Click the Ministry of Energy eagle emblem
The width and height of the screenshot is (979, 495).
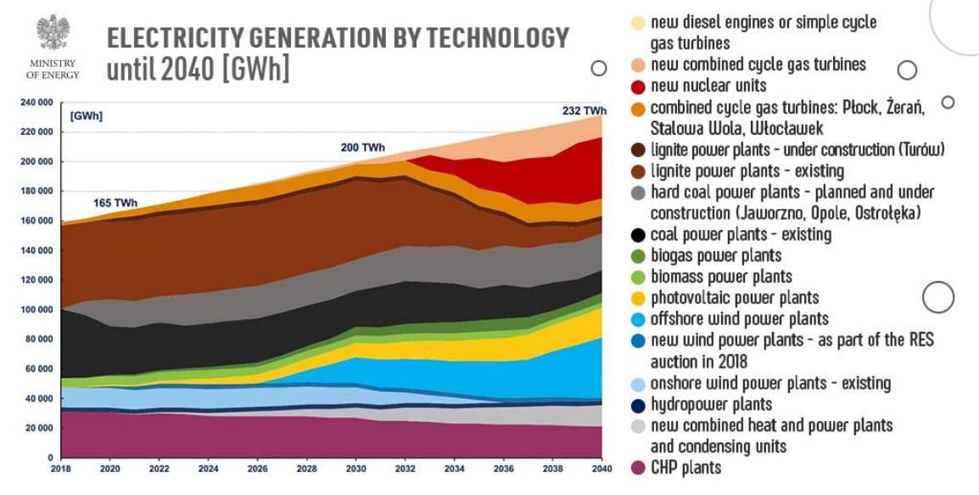53,32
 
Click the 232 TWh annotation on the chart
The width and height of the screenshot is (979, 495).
585,111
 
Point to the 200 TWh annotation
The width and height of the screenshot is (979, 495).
362,148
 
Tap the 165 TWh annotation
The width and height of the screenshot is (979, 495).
115,204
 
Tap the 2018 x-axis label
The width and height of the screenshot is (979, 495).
61,469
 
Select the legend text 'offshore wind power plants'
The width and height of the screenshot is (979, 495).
739,319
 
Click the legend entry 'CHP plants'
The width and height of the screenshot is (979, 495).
685,467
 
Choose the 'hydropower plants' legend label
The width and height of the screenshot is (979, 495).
711,404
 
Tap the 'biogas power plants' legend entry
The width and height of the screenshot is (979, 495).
715,256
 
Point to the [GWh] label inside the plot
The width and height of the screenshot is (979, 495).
87,116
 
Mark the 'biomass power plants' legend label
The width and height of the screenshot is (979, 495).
721,277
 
